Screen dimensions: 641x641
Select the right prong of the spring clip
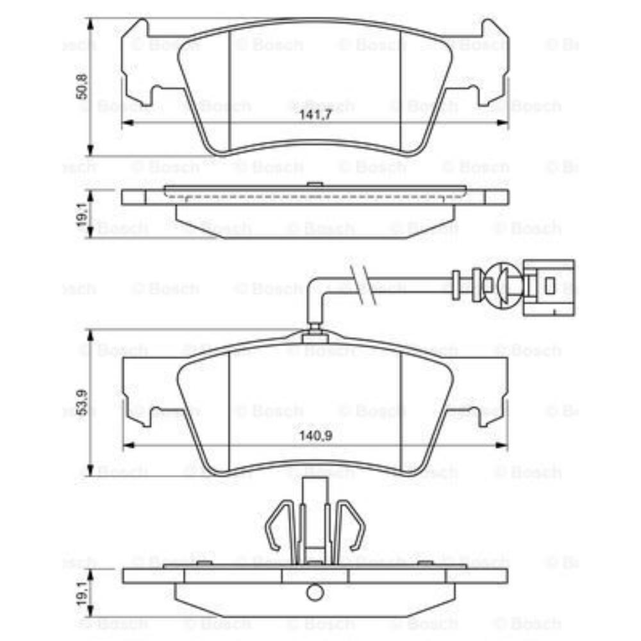354,526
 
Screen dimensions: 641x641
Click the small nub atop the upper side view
314,185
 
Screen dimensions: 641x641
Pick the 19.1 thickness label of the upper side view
80,213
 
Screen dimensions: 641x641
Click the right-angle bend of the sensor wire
315,282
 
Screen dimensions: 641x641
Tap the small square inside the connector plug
550,285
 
